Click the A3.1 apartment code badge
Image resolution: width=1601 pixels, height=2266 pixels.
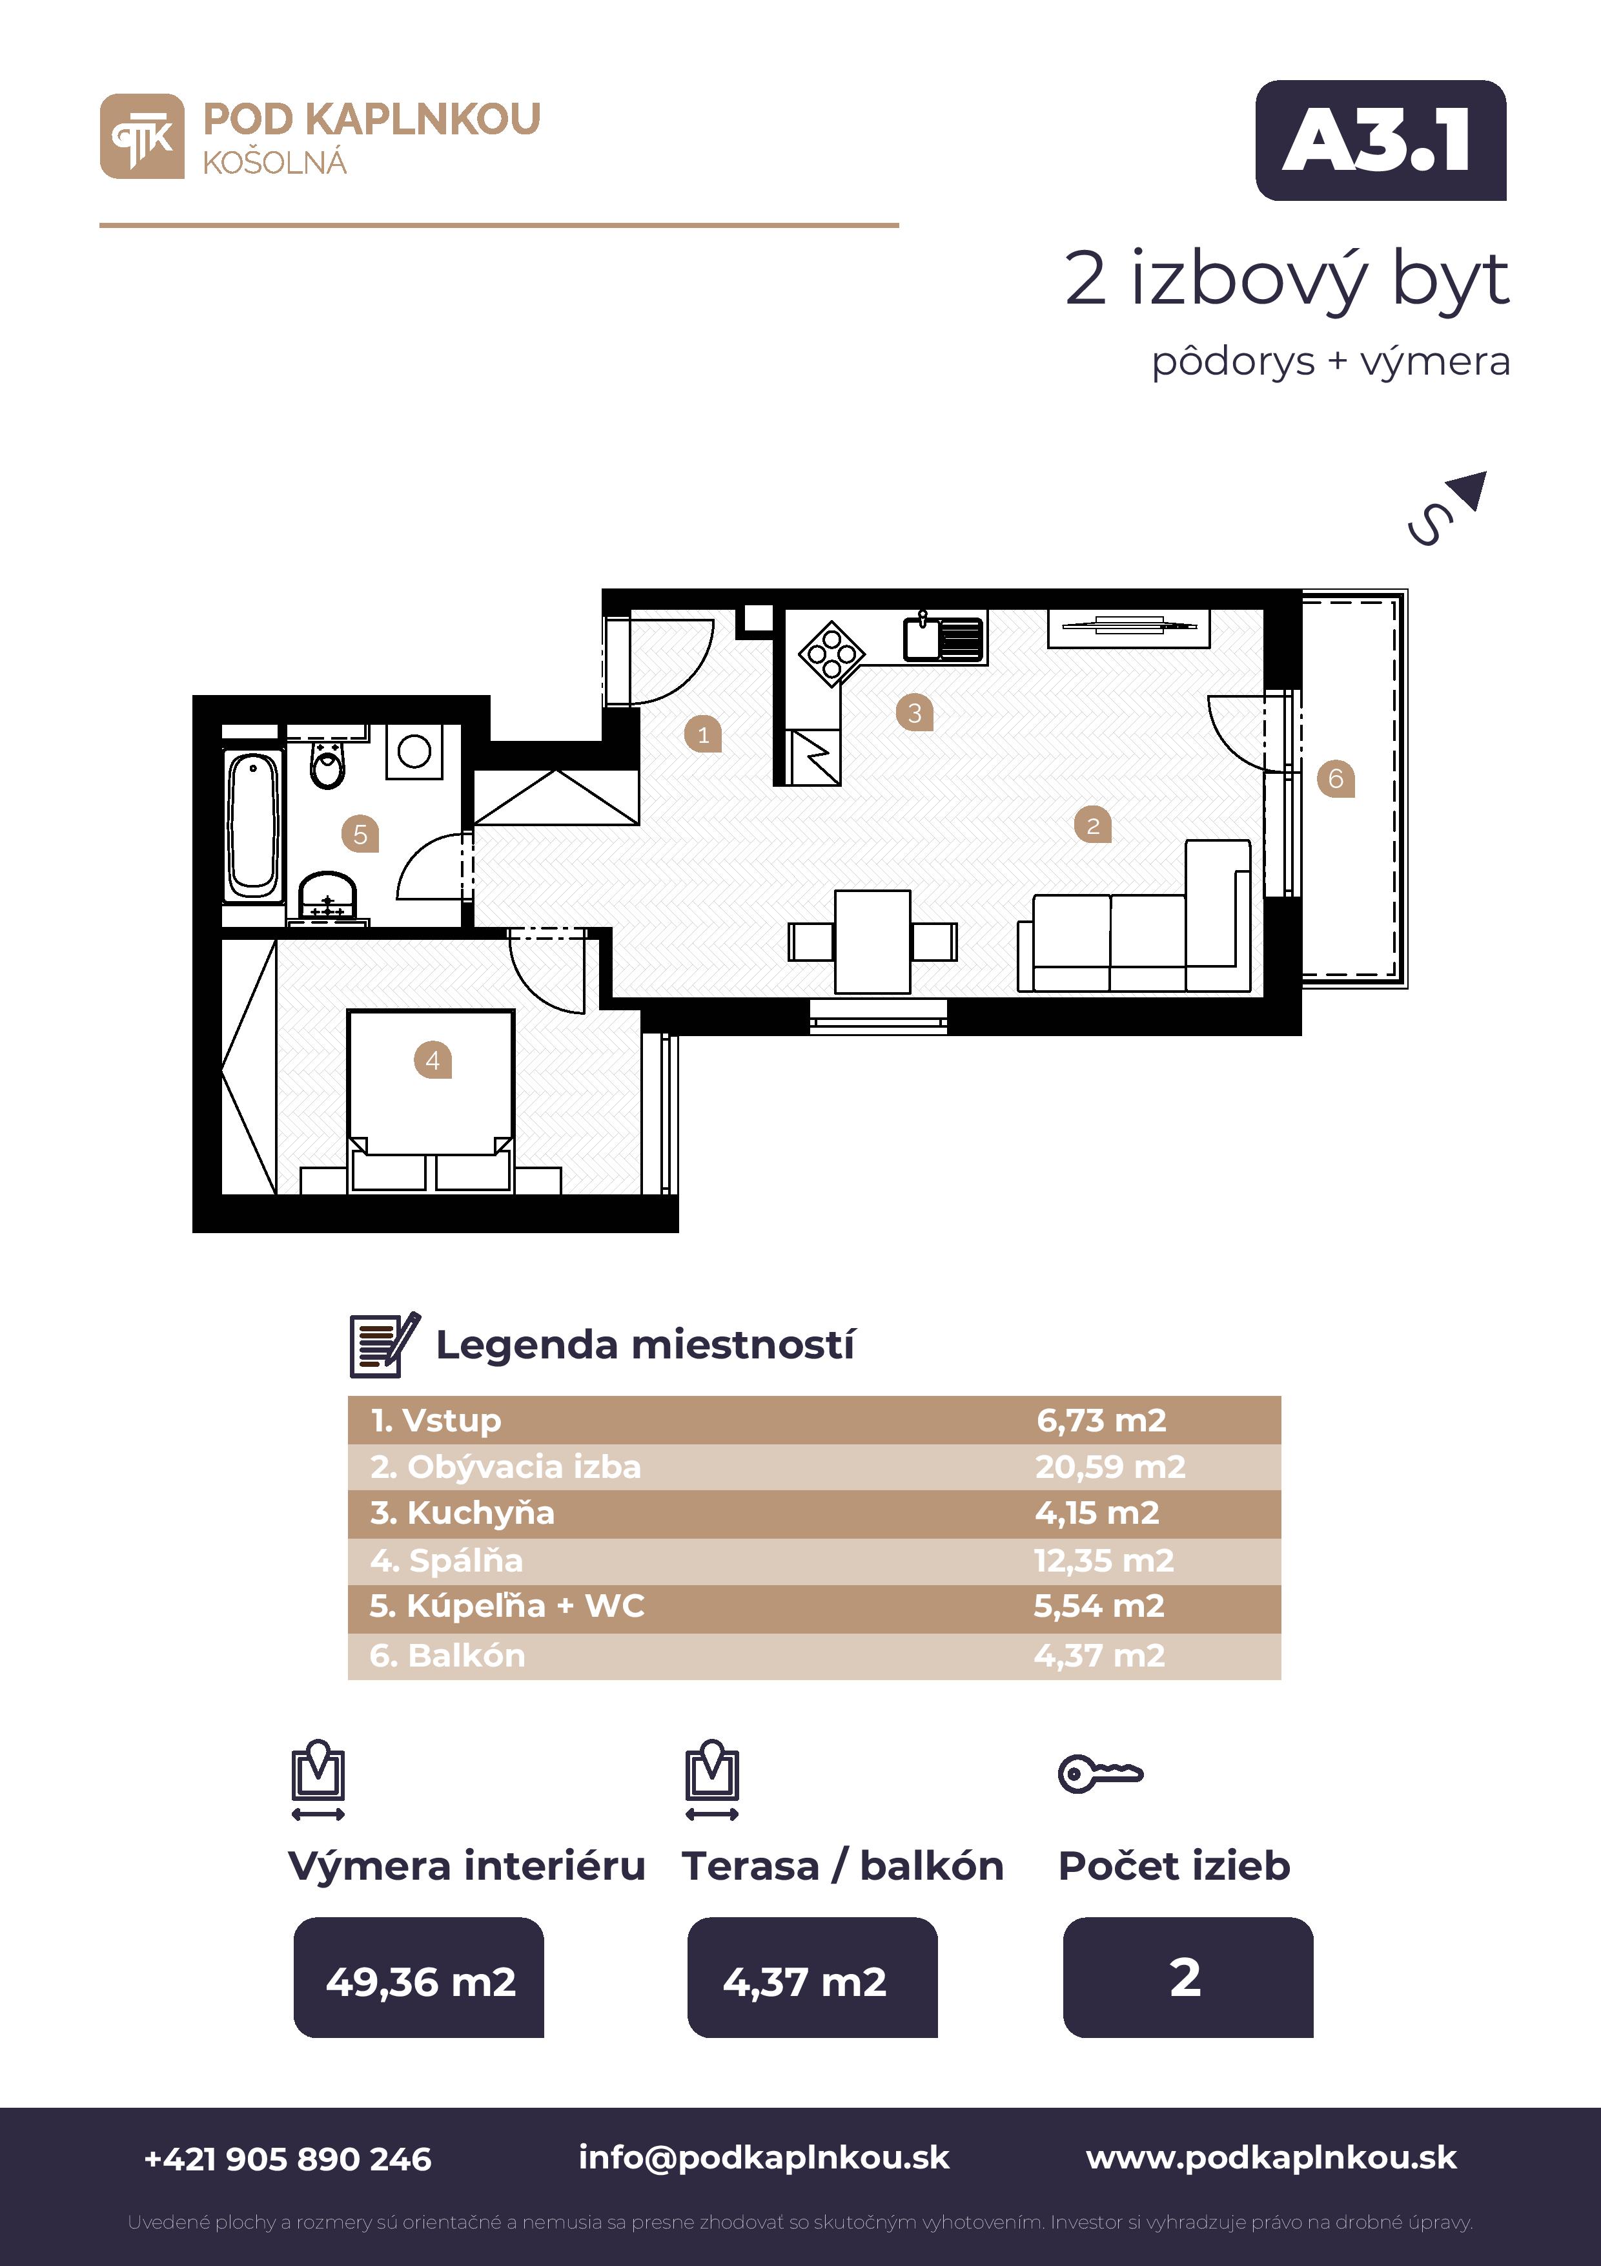click(1380, 140)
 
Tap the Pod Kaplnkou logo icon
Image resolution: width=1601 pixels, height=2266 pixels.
click(142, 136)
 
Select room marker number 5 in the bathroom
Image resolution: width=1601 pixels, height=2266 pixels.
click(360, 834)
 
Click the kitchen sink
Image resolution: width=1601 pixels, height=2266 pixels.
click(944, 636)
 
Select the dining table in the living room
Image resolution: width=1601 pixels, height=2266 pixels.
click(872, 941)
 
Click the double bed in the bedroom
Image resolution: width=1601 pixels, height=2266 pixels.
click(431, 1099)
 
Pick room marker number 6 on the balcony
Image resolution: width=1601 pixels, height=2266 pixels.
click(1336, 778)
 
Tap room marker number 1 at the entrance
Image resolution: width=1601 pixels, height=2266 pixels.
click(703, 734)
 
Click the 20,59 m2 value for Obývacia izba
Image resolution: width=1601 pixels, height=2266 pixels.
click(1110, 1466)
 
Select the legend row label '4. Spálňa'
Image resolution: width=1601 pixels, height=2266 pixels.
click(447, 1561)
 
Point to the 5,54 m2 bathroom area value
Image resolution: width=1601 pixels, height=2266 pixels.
click(1099, 1606)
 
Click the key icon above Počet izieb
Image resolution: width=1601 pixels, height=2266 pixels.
click(1100, 1774)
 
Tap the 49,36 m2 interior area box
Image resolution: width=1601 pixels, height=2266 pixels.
click(419, 1977)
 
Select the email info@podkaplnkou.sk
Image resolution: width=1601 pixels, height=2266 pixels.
click(764, 2157)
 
